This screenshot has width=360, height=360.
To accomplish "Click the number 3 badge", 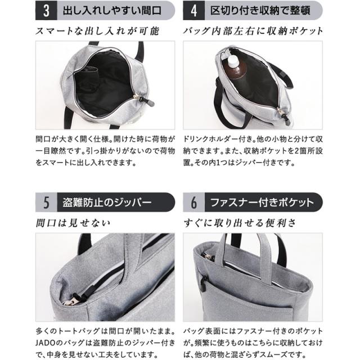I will click(44, 10).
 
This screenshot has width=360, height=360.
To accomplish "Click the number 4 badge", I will click(194, 10).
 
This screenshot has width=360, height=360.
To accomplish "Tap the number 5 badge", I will click(44, 201).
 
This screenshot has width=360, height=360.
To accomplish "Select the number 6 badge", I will click(194, 201).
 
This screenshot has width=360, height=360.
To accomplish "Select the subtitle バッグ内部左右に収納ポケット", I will click(253, 31).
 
